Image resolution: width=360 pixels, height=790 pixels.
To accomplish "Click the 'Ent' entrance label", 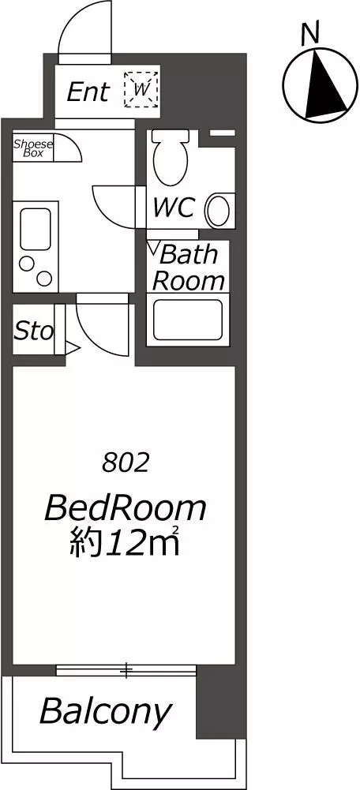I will (x=88, y=92).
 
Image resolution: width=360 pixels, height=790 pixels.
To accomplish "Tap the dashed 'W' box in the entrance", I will (x=141, y=90).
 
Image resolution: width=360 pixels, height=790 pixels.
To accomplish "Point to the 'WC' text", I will (x=174, y=208).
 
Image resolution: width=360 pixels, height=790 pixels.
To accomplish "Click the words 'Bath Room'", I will (x=188, y=268).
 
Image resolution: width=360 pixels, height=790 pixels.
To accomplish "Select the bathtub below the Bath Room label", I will (x=188, y=319).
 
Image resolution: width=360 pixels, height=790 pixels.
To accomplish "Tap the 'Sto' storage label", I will (x=33, y=331).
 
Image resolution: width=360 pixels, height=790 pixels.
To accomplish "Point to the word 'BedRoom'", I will (x=126, y=508).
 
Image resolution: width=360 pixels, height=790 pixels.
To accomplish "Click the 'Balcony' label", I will (x=105, y=713).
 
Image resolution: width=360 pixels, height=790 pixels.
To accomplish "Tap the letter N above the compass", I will (x=310, y=33).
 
